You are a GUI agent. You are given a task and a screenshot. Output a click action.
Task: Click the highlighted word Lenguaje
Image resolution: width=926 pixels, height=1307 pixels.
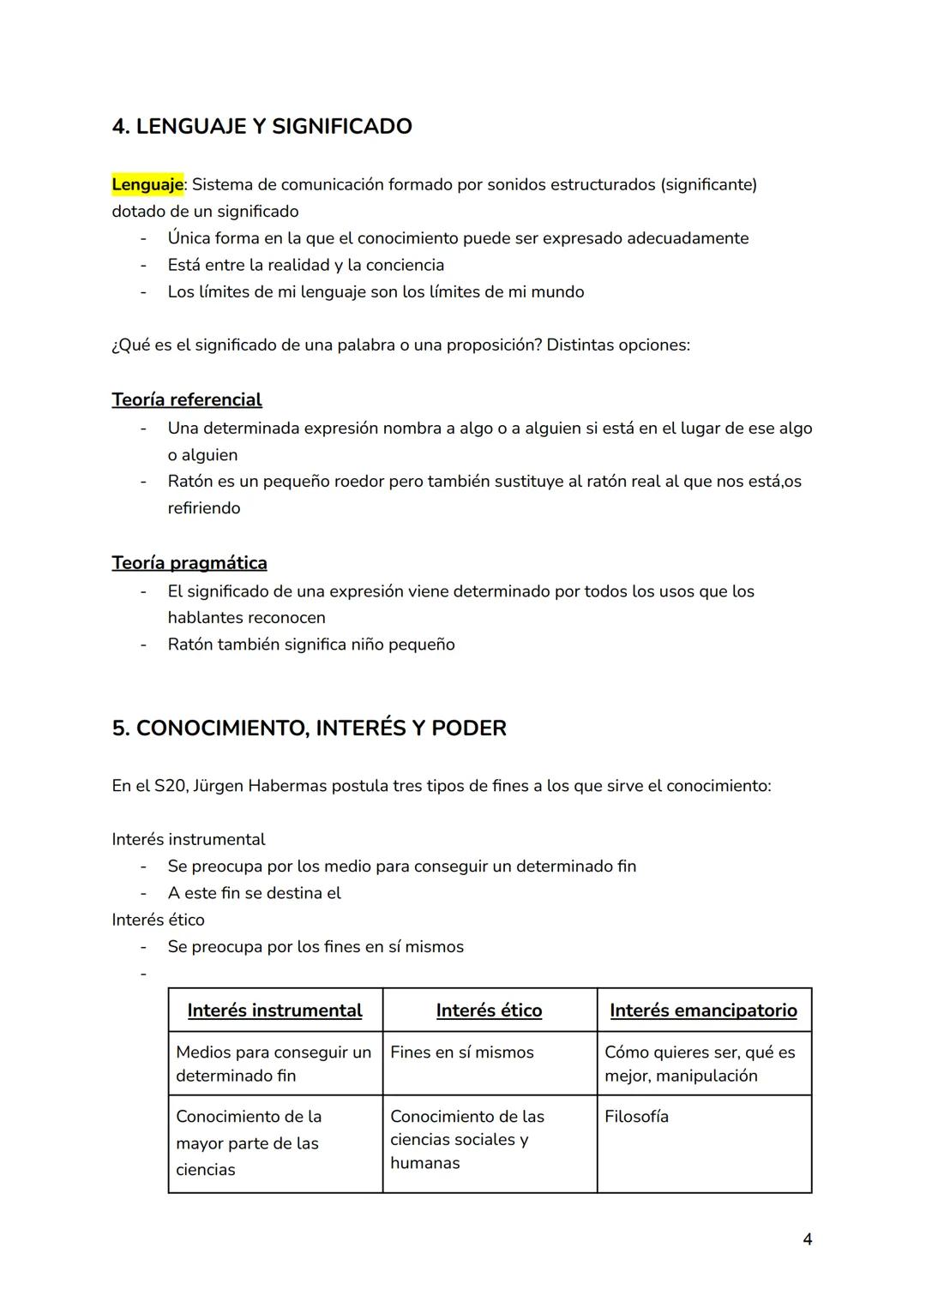147,184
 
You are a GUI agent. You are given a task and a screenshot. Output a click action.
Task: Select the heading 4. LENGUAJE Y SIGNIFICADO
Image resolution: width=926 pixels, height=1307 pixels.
262,126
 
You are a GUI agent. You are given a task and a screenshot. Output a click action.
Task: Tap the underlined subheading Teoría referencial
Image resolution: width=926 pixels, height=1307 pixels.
186,399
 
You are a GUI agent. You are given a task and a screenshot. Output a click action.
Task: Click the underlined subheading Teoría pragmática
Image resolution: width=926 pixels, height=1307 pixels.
189,562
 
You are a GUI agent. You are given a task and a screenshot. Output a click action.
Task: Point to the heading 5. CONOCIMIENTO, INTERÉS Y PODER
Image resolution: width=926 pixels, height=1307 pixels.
309,728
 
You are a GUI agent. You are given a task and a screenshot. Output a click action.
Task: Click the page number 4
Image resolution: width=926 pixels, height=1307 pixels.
807,1238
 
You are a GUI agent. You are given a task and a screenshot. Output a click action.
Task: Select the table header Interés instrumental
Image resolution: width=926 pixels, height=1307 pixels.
274,1010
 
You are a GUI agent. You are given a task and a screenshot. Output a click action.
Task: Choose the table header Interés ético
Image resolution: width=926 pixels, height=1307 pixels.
489,1010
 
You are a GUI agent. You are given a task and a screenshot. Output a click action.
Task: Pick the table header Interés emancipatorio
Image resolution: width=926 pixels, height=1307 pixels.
703,1010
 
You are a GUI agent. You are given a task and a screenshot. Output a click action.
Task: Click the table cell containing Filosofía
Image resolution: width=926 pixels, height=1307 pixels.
636,1117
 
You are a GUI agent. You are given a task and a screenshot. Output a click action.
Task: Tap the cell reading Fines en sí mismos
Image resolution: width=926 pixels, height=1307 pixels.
461,1052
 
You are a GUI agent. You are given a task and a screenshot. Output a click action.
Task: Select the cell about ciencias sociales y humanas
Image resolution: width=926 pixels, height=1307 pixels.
466,1140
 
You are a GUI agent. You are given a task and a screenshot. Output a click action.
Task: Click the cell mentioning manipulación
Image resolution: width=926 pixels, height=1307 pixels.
699,1064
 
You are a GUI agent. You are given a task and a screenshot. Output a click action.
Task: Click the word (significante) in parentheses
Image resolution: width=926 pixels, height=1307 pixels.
708,184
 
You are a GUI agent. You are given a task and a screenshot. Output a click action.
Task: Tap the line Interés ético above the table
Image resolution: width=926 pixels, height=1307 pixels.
158,920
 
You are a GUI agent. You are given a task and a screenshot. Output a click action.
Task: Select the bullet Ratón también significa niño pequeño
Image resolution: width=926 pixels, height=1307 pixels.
310,645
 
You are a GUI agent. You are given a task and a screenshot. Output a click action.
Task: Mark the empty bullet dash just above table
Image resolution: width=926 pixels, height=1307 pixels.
143,974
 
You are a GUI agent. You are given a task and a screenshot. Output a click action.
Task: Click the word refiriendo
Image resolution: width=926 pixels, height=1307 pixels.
203,508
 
